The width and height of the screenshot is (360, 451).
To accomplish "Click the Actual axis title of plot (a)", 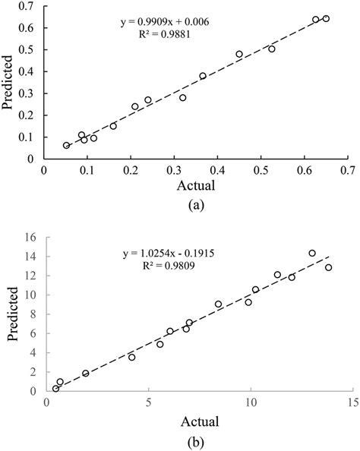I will [x=196, y=184].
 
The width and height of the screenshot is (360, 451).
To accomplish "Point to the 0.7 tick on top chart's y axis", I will [x=30, y=6].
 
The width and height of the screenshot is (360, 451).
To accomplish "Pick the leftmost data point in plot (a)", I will [x=66, y=145].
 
